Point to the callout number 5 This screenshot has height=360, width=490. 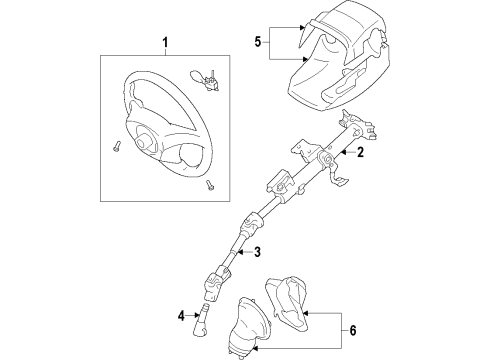(259, 43)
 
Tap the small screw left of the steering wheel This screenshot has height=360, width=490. (117, 149)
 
